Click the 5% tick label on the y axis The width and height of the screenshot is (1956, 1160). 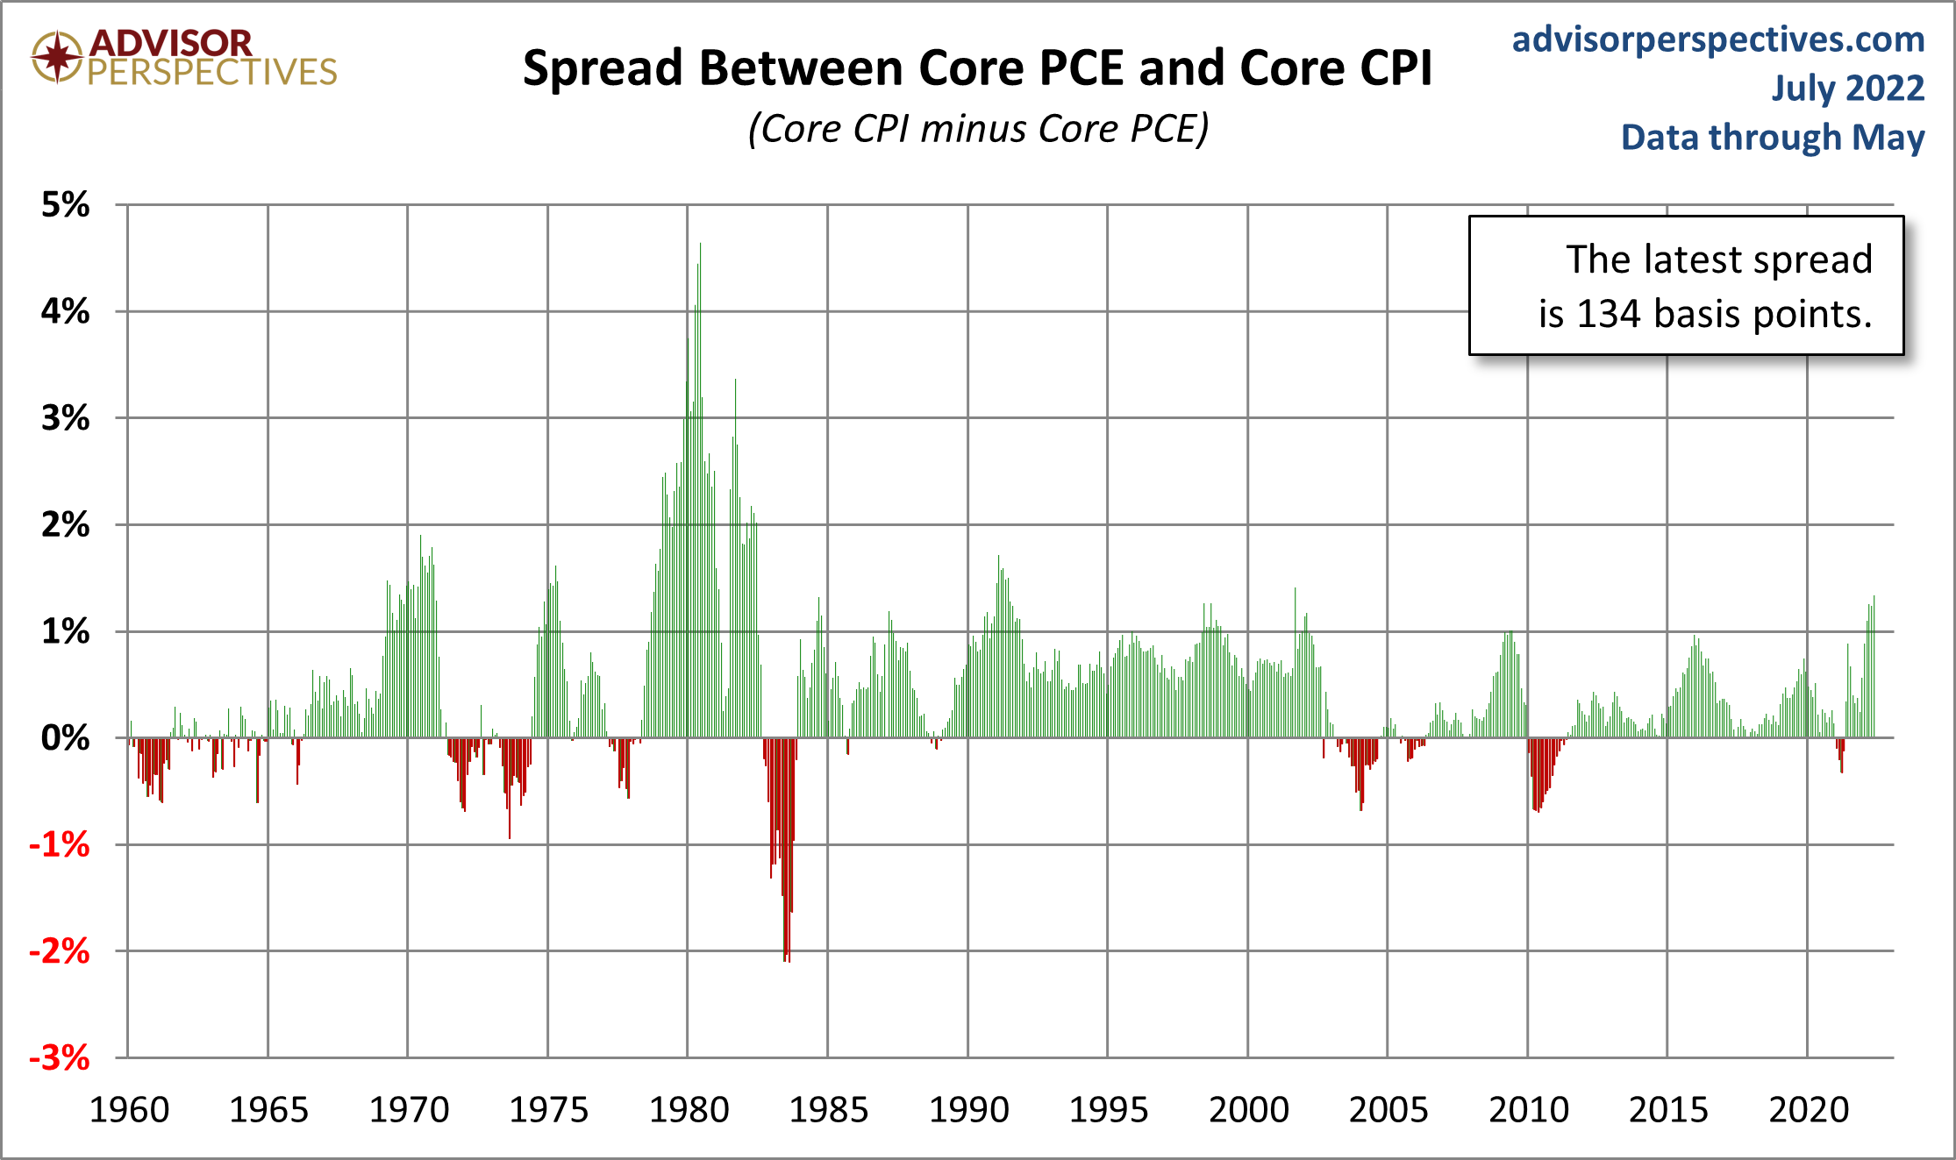coord(65,205)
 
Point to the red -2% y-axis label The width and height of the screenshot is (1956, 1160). coord(59,951)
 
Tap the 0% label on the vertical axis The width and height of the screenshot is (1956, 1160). coord(65,738)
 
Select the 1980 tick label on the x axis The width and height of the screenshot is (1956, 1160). coord(689,1110)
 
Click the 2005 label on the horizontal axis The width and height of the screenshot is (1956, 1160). coord(1388,1110)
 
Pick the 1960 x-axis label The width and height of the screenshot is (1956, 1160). coord(130,1110)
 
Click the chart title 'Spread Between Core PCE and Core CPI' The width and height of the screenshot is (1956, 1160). coord(977,68)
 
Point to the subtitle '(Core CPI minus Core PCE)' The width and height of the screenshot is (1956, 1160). coord(978,129)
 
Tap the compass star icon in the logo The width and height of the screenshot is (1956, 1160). coord(57,57)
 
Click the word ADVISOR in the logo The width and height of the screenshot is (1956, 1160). coord(171,42)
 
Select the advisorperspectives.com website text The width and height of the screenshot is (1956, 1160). coord(1718,39)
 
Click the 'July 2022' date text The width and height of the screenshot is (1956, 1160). coord(1847,89)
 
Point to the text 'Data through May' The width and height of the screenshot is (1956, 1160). coord(1772,138)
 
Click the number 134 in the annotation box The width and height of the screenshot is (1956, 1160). coord(1609,314)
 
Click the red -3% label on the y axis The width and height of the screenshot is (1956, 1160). coord(59,1058)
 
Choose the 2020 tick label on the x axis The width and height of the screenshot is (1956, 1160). coord(1809,1110)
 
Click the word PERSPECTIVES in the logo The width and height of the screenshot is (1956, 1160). coord(212,72)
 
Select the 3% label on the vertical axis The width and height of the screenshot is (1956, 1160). coord(65,418)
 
